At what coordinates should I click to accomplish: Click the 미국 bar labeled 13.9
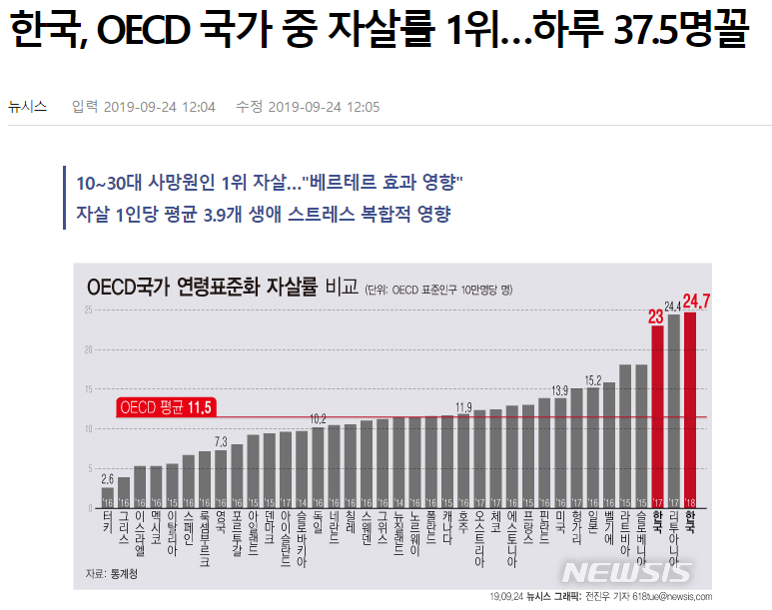tap(560, 453)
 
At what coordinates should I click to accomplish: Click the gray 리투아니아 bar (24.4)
tap(673, 411)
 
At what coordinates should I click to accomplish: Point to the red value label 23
tap(656, 317)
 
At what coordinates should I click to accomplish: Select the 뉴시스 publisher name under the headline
tap(27, 107)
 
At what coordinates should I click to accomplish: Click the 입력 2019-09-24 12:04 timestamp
tap(144, 107)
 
